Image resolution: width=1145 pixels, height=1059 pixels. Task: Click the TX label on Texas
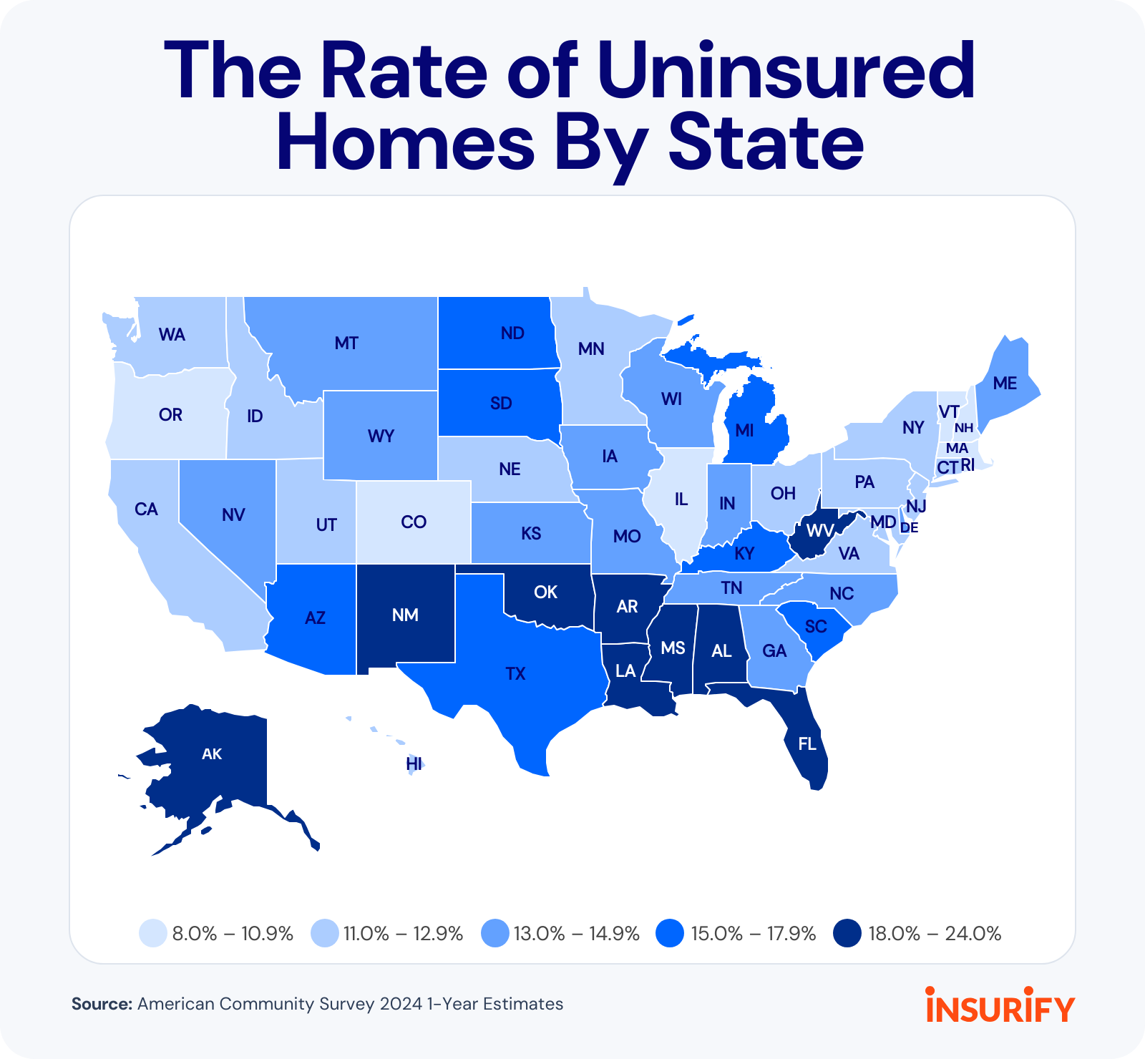pos(515,673)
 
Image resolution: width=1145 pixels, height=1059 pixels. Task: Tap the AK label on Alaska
pos(212,753)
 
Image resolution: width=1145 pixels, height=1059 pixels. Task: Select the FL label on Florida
pos(807,743)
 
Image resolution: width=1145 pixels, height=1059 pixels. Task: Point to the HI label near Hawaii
pos(414,763)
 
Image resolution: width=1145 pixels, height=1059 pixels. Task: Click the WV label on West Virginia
pos(820,530)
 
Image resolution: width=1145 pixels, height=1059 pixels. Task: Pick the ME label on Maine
pos(1005,384)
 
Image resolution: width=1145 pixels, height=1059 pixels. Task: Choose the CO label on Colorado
pos(414,522)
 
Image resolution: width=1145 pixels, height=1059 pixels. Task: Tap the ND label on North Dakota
pos(512,333)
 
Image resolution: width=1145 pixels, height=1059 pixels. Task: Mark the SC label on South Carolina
pos(816,627)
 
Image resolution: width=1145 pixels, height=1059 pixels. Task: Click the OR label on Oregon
pos(170,414)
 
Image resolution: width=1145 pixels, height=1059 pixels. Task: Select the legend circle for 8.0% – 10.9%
pos(153,934)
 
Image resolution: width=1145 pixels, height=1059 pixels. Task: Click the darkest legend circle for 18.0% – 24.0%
pos(848,934)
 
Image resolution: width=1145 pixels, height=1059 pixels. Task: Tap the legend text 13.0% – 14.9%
pos(576,934)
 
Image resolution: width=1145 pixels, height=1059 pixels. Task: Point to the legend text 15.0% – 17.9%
pos(753,934)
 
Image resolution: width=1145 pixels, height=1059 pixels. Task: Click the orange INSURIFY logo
pos(1000,1005)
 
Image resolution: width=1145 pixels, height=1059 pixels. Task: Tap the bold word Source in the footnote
pos(102,1004)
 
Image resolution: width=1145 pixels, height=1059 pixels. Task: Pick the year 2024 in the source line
pos(401,1004)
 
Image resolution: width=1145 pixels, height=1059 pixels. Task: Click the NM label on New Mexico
pos(405,615)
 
